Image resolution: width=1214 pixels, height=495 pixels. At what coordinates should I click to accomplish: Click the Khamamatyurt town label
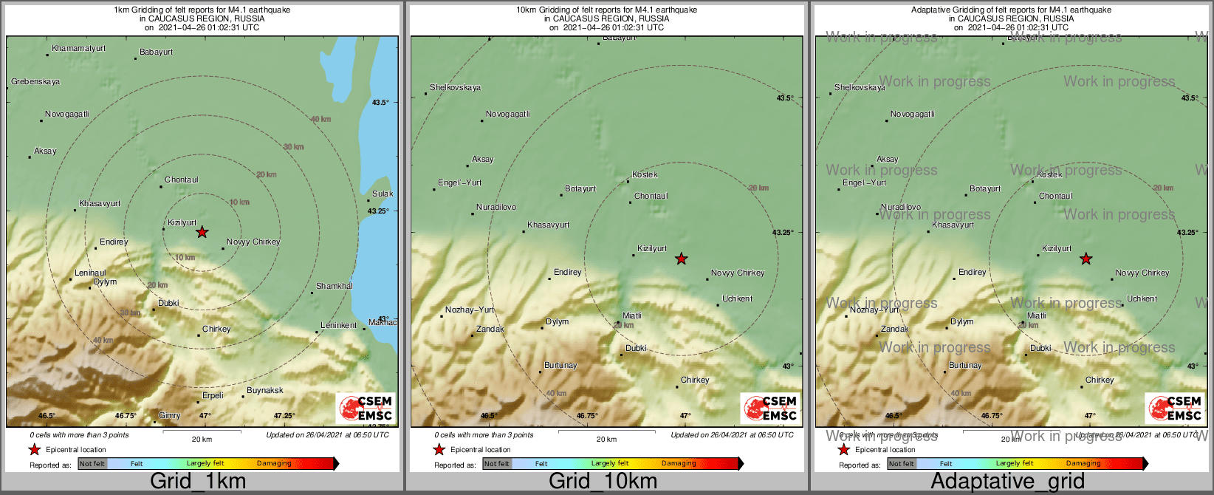[x=78, y=49]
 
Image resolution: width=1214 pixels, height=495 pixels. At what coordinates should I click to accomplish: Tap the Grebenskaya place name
[x=35, y=82]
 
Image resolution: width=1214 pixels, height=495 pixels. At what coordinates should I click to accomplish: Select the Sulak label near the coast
[x=383, y=194]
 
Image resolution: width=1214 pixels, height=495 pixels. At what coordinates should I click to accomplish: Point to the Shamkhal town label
[x=334, y=287]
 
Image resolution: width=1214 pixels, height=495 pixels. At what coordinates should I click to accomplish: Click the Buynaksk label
[x=264, y=391]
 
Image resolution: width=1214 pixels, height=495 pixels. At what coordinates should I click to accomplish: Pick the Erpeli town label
[x=213, y=396]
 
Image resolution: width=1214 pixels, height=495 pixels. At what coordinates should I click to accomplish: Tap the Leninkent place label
[x=338, y=326]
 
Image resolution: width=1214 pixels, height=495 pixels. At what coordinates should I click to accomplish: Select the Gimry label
[x=169, y=416]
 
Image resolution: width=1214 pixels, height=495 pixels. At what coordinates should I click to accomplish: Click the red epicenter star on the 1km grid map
[x=202, y=232]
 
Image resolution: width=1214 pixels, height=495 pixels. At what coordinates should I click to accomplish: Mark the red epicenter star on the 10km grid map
[x=681, y=259]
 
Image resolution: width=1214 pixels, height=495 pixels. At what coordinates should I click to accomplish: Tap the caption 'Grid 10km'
[x=603, y=482]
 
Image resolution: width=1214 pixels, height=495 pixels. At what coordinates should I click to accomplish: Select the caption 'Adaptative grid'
[x=1007, y=482]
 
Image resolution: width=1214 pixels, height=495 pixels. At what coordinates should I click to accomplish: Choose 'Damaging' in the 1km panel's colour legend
[x=274, y=464]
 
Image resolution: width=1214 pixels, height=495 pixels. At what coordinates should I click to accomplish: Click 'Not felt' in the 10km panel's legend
[x=497, y=464]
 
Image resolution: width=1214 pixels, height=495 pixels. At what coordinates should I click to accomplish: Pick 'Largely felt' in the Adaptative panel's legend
[x=1015, y=464]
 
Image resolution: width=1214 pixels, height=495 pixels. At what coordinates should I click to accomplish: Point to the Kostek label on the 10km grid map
[x=645, y=175]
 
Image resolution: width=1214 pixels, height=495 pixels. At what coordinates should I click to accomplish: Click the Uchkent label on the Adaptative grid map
[x=1142, y=299]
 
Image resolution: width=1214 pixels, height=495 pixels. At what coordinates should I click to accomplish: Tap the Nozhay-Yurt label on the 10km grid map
[x=470, y=310]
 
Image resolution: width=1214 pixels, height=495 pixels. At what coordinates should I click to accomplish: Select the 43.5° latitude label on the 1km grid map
[x=380, y=103]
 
